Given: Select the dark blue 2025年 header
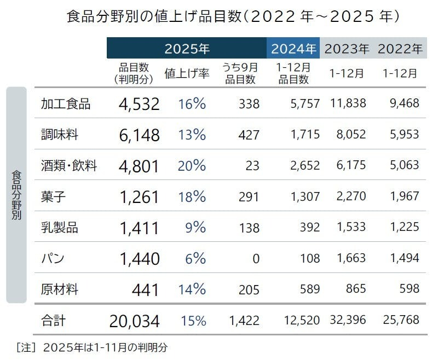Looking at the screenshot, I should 187,49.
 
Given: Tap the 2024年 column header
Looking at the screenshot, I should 293,49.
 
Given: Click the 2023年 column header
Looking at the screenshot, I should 347,49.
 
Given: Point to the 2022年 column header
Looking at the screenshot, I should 400,49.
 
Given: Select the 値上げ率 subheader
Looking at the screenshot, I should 187,74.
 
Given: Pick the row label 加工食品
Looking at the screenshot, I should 66,103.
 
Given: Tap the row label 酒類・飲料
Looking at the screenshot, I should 69,165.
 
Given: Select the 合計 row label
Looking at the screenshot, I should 53,320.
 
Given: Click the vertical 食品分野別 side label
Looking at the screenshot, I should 16,195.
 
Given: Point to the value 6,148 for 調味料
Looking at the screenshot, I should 139,135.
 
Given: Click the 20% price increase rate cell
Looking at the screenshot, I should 192,165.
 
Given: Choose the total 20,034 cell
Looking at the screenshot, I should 135,321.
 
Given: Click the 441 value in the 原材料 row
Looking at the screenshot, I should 145,289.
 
